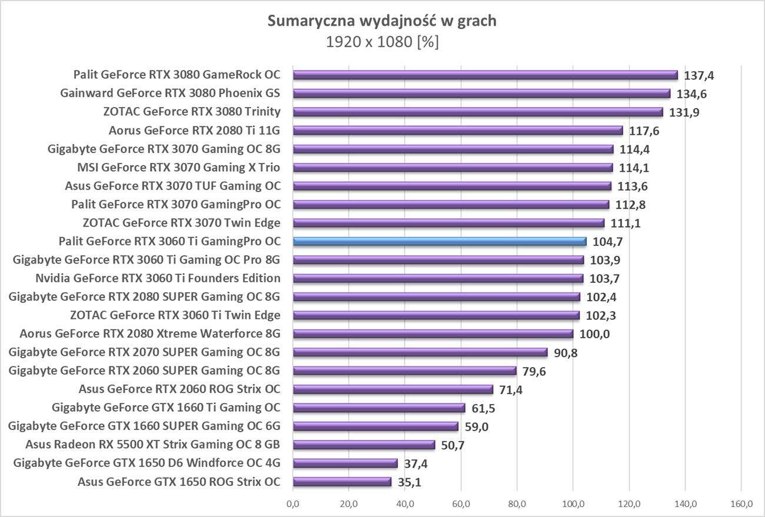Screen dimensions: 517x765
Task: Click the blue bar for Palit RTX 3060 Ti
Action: [440, 241]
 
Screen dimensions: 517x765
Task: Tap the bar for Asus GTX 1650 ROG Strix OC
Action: [342, 482]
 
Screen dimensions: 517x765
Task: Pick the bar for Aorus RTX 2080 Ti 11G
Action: [457, 131]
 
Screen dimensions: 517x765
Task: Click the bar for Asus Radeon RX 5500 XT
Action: [364, 445]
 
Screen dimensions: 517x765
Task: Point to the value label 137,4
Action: [698, 76]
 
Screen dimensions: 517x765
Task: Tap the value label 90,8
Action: [566, 353]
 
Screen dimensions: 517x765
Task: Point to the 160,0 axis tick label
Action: [741, 504]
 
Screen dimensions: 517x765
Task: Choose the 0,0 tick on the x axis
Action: [293, 504]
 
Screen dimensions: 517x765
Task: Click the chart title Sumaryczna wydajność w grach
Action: [382, 21]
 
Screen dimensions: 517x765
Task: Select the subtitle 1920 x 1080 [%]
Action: [382, 42]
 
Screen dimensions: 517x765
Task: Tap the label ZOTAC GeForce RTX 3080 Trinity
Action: [192, 112]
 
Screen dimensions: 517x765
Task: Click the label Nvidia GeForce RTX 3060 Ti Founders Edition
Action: [158, 278]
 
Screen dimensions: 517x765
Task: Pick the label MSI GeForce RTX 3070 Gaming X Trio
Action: [179, 168]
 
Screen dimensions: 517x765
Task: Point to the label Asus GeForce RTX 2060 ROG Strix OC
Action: [179, 389]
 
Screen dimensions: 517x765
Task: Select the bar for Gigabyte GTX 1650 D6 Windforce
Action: [345, 463]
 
